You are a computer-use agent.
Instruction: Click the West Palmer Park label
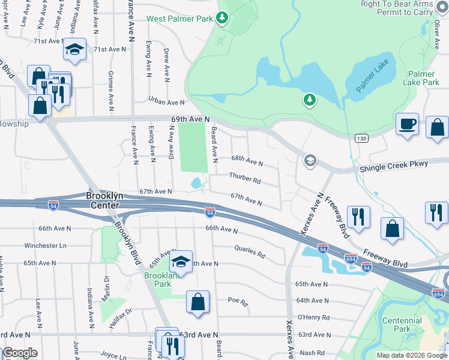[x=180, y=19]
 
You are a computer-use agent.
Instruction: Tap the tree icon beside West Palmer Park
[x=222, y=18]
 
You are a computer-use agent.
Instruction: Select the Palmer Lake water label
[x=372, y=76]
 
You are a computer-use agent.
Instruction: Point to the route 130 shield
[x=358, y=139]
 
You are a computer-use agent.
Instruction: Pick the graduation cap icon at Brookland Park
[x=181, y=261]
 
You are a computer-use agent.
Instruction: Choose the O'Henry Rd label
[x=313, y=317]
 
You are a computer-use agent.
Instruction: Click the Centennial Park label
[x=402, y=325]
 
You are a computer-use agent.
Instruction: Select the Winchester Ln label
[x=45, y=245]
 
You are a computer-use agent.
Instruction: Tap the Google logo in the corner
[x=20, y=353]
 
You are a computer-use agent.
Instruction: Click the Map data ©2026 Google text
[x=411, y=355]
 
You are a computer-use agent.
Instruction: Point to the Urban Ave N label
[x=167, y=103]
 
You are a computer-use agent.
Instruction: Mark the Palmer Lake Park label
[x=424, y=78]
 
